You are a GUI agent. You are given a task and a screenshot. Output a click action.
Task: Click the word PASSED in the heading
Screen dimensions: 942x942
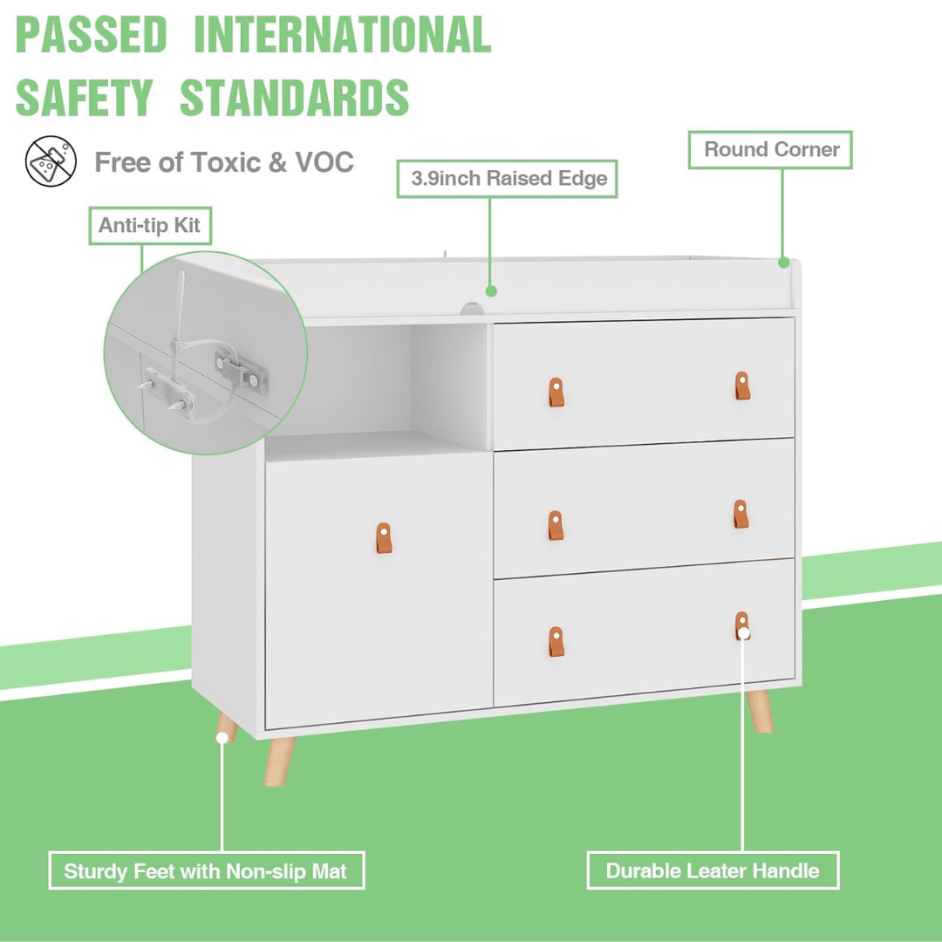(x=91, y=35)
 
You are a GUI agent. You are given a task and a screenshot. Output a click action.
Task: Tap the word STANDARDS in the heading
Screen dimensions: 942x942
(x=295, y=98)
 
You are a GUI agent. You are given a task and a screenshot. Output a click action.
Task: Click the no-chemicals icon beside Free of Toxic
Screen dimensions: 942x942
(x=51, y=161)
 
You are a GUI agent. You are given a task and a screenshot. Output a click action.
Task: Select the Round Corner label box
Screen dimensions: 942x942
(x=771, y=150)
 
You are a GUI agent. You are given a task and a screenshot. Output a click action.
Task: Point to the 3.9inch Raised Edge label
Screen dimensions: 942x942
(x=508, y=179)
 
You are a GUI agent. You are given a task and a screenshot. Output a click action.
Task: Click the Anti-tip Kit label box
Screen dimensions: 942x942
(x=149, y=226)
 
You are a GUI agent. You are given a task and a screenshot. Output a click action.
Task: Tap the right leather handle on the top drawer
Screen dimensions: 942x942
(x=741, y=385)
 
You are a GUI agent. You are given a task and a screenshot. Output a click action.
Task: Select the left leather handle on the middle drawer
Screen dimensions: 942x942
(x=556, y=524)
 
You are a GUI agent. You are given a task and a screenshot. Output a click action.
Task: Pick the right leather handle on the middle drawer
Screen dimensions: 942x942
(x=741, y=514)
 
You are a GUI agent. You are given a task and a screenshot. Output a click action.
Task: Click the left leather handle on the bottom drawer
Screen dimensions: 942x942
(x=556, y=641)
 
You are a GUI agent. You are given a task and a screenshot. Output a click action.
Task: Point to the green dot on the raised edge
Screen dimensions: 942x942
(x=491, y=290)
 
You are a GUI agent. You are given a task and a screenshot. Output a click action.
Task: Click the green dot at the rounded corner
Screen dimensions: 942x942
(x=783, y=262)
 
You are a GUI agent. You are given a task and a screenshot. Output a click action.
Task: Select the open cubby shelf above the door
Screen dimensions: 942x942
(x=377, y=384)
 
